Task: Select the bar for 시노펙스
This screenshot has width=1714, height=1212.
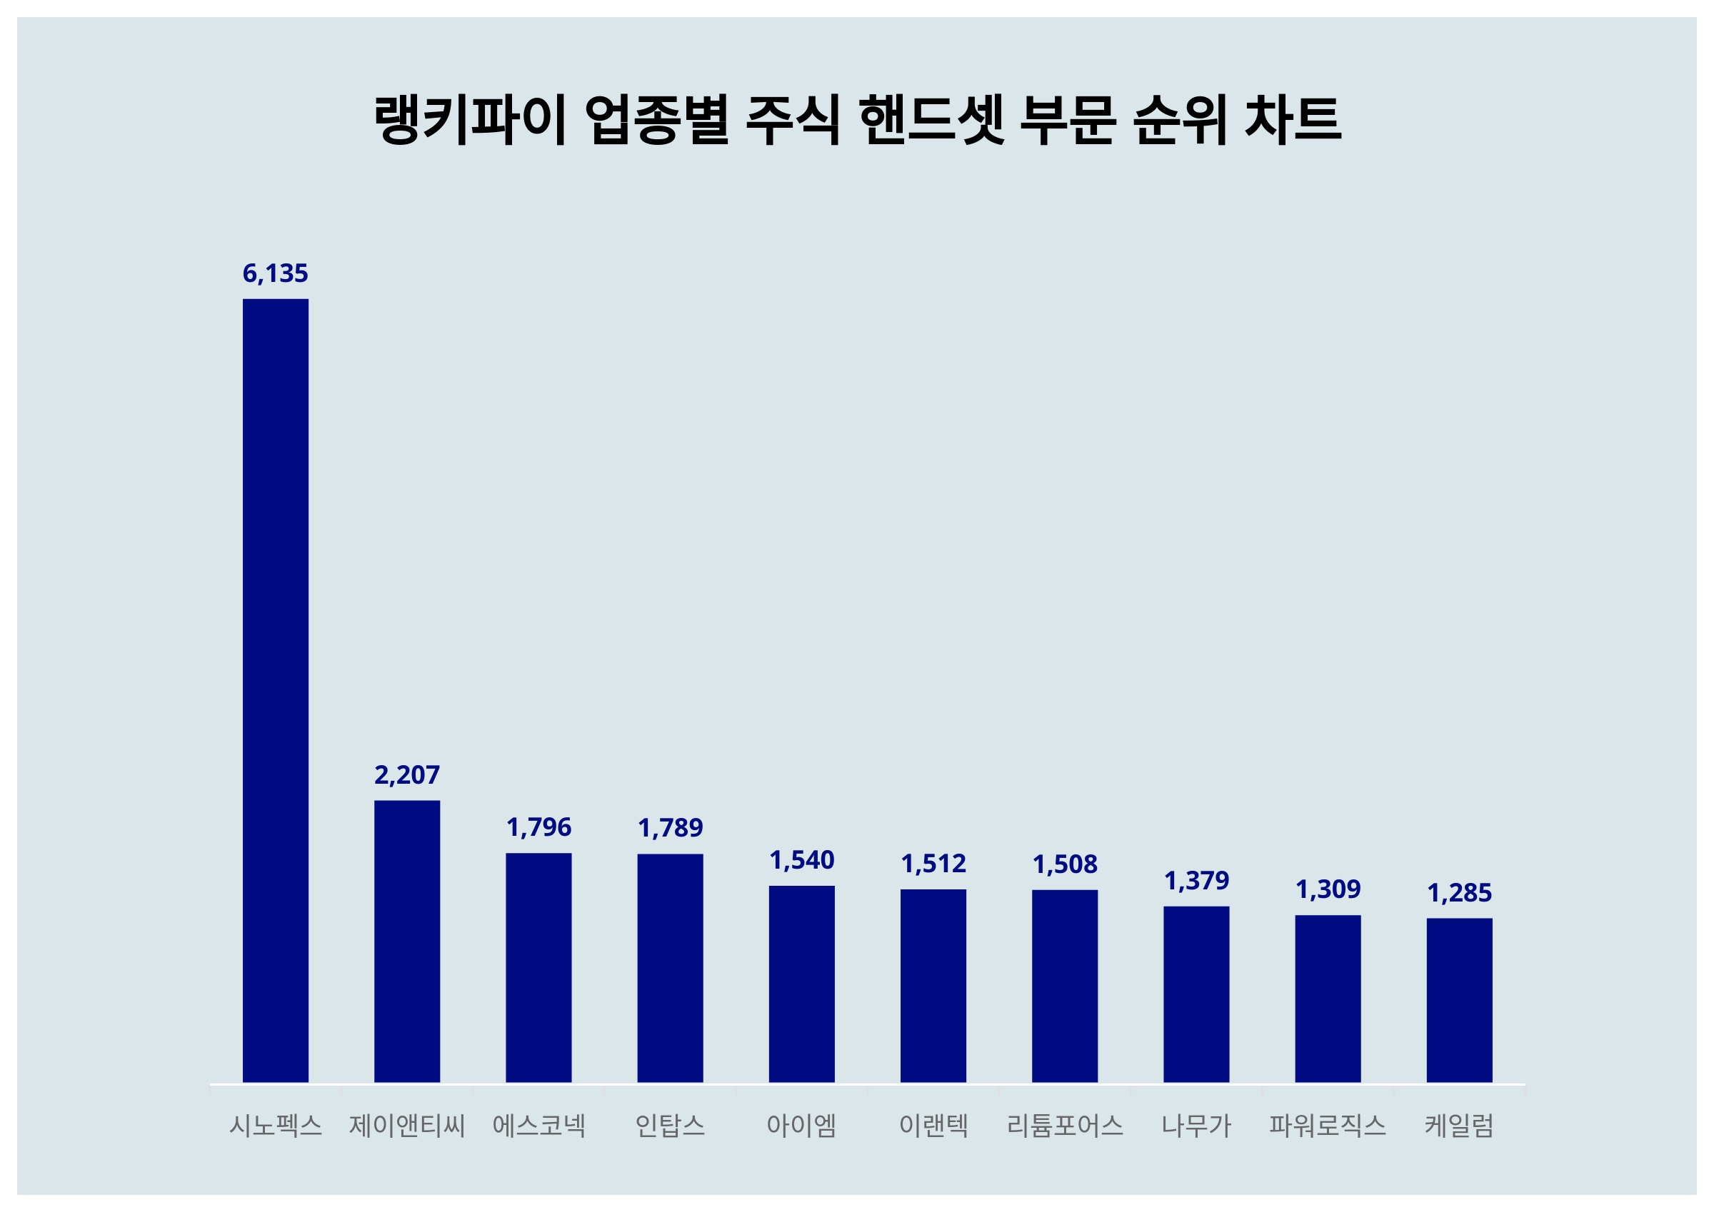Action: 276,690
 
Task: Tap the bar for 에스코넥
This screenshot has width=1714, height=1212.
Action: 538,967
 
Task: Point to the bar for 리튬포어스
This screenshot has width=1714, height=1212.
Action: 1065,986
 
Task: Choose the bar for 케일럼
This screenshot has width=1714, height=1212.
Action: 1460,1000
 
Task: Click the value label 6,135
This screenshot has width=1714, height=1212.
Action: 276,274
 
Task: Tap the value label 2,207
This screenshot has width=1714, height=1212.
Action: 407,775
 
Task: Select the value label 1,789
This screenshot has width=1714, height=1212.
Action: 671,829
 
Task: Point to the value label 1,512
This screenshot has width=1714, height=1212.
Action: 933,864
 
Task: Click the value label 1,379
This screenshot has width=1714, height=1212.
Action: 1197,882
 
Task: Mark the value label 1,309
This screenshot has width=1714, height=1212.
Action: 1328,889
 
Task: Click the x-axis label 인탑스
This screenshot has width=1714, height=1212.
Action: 671,1126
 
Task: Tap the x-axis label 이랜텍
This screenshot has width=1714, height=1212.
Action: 933,1126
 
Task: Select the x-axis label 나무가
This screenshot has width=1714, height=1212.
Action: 1197,1126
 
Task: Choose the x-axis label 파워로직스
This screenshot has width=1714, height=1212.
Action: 1328,1126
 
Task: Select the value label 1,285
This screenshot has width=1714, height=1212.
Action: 1460,894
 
